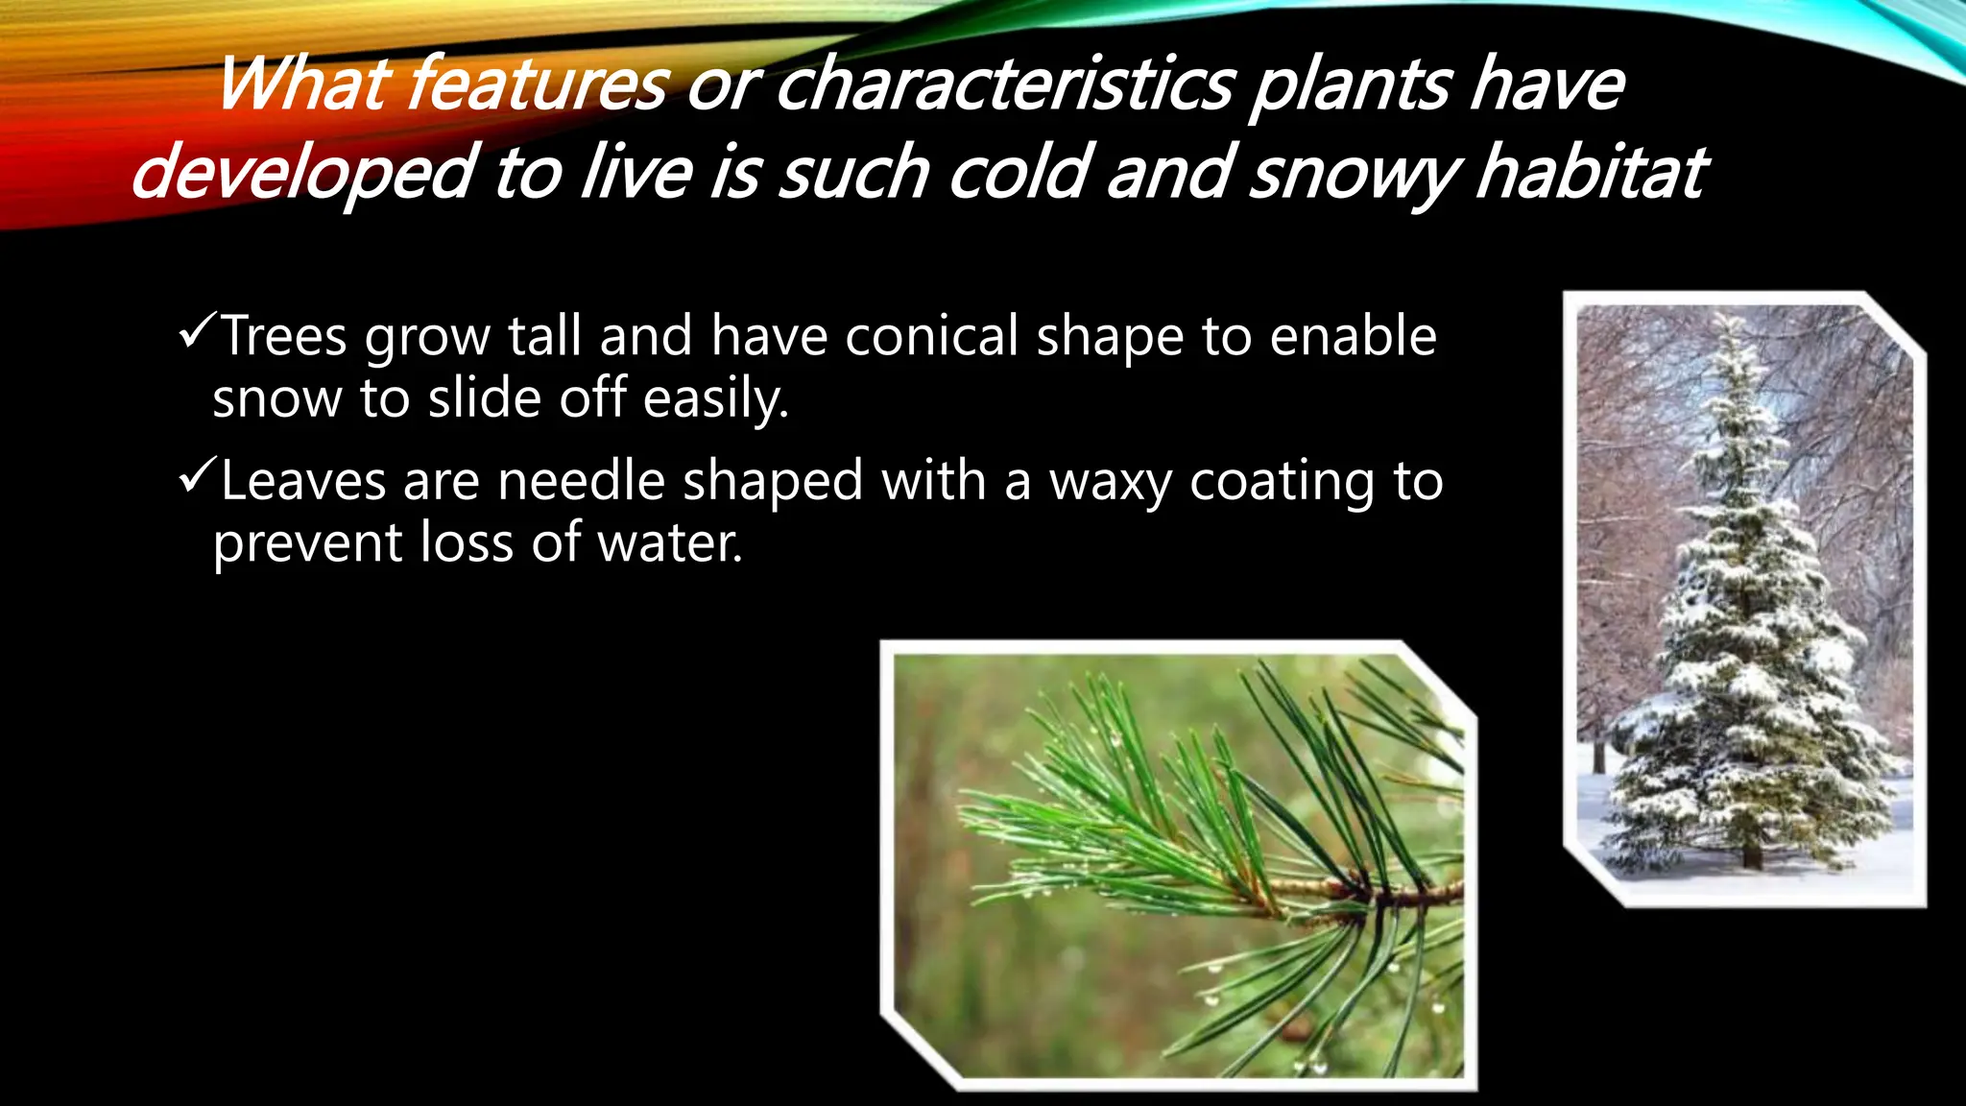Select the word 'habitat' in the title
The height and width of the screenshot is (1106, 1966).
[1591, 173]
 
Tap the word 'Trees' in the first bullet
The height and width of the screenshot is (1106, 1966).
[284, 336]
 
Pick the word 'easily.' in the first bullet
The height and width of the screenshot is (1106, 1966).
[715, 398]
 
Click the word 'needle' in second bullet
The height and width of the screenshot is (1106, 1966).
[581, 481]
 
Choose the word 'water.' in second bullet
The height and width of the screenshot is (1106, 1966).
[670, 542]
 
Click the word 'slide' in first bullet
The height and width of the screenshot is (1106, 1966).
[485, 398]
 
